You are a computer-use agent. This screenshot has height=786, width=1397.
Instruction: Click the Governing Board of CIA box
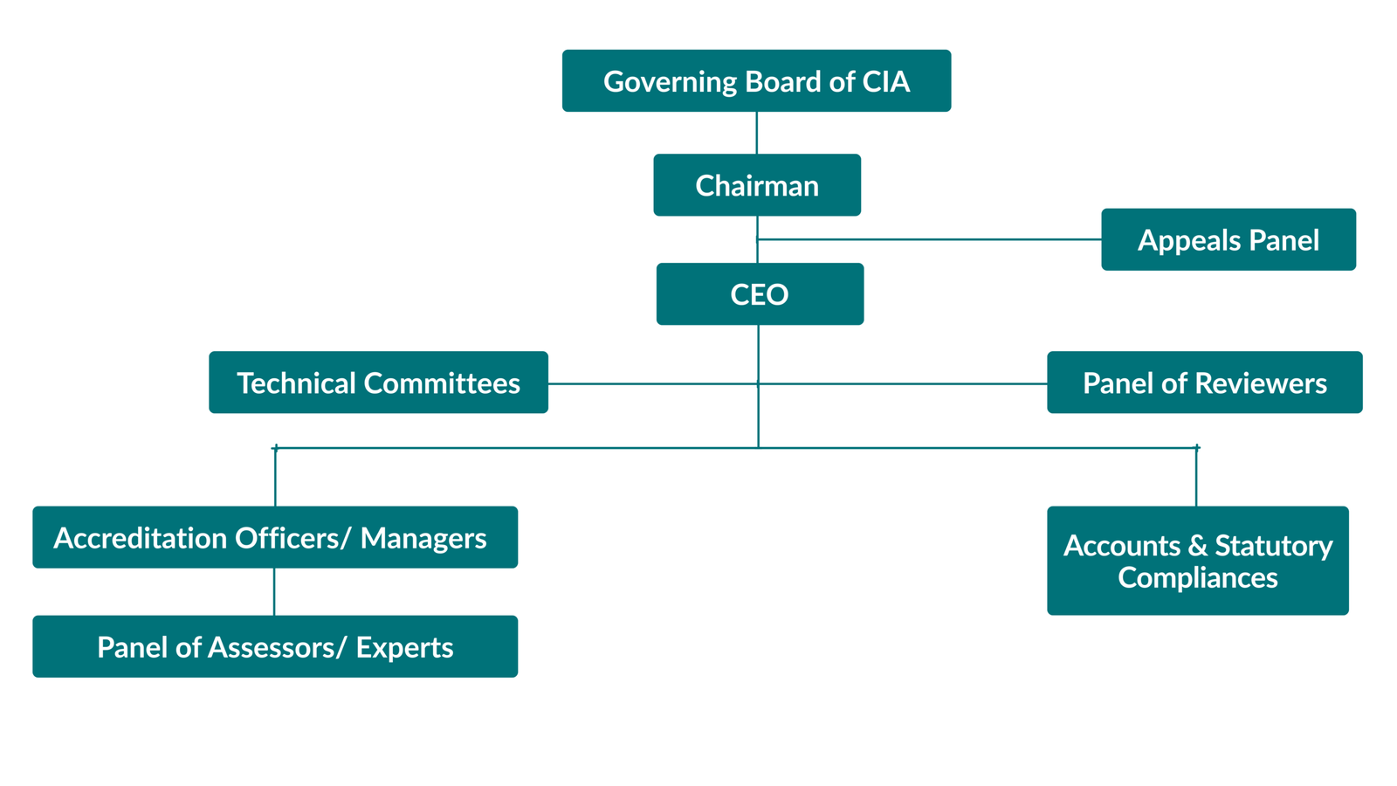(756, 80)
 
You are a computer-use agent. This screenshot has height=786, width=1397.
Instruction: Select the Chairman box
(756, 185)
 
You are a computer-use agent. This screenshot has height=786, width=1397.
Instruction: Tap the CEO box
(760, 294)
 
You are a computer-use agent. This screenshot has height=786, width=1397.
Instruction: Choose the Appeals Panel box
(1228, 239)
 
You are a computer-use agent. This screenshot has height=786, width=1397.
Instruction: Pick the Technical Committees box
(378, 383)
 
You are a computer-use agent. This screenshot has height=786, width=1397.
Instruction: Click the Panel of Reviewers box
(1204, 383)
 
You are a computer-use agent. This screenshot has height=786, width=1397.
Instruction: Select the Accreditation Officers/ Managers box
(275, 537)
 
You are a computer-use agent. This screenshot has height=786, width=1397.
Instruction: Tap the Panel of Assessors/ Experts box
(275, 646)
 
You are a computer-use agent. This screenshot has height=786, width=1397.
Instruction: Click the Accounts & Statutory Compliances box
(1197, 561)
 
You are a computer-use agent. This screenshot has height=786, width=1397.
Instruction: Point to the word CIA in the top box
(886, 81)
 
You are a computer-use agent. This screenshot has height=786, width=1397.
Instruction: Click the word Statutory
(1274, 546)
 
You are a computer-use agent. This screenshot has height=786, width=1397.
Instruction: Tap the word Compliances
(1197, 577)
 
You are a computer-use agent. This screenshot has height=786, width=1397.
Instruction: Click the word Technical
(295, 383)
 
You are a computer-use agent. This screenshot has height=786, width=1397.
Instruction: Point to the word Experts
(404, 647)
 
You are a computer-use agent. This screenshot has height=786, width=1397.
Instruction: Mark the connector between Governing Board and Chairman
(756, 133)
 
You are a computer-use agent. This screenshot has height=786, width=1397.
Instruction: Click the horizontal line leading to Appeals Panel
(930, 239)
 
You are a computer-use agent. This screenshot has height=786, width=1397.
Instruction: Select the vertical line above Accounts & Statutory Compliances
(1196, 477)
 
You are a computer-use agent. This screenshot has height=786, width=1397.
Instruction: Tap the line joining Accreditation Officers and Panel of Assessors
(274, 592)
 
